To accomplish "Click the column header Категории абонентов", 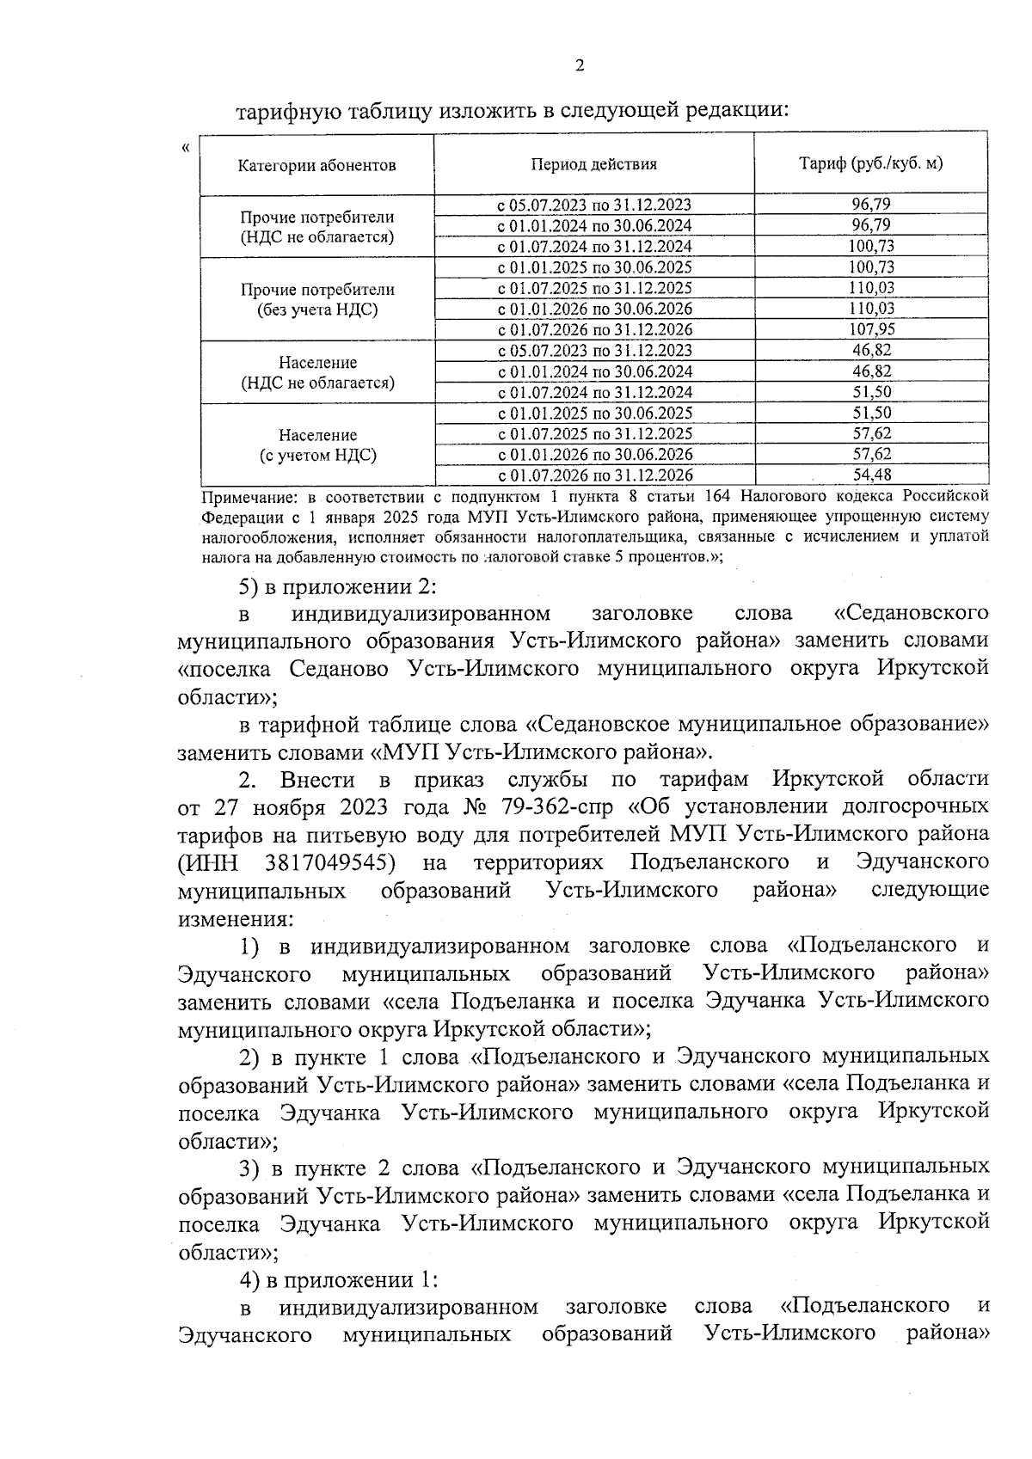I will coord(316,165).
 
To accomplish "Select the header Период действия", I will coord(593,164).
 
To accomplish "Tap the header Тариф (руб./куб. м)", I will coord(870,163).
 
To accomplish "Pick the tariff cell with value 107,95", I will coord(870,329).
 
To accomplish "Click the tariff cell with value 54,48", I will coord(870,475).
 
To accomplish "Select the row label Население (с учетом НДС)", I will coord(317,445).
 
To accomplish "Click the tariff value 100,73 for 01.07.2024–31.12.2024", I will coord(870,246).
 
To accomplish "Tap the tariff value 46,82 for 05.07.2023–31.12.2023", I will coord(870,350).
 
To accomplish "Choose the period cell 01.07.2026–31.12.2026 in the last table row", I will coord(595,475).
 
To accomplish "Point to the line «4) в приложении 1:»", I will coord(339,1280).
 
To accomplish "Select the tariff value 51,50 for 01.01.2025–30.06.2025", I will coord(870,413).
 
